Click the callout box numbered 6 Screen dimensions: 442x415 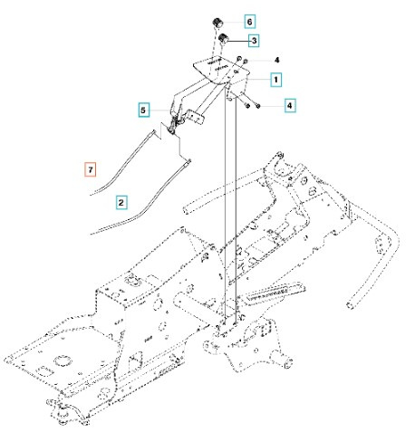(x=250, y=19)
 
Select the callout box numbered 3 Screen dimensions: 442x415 (x=254, y=41)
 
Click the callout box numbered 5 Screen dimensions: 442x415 (x=143, y=109)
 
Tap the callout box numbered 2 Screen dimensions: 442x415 (x=121, y=200)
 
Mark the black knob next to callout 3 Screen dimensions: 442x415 (x=221, y=40)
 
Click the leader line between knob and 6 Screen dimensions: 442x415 (x=234, y=20)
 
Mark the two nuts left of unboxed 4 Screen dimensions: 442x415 (x=244, y=62)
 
